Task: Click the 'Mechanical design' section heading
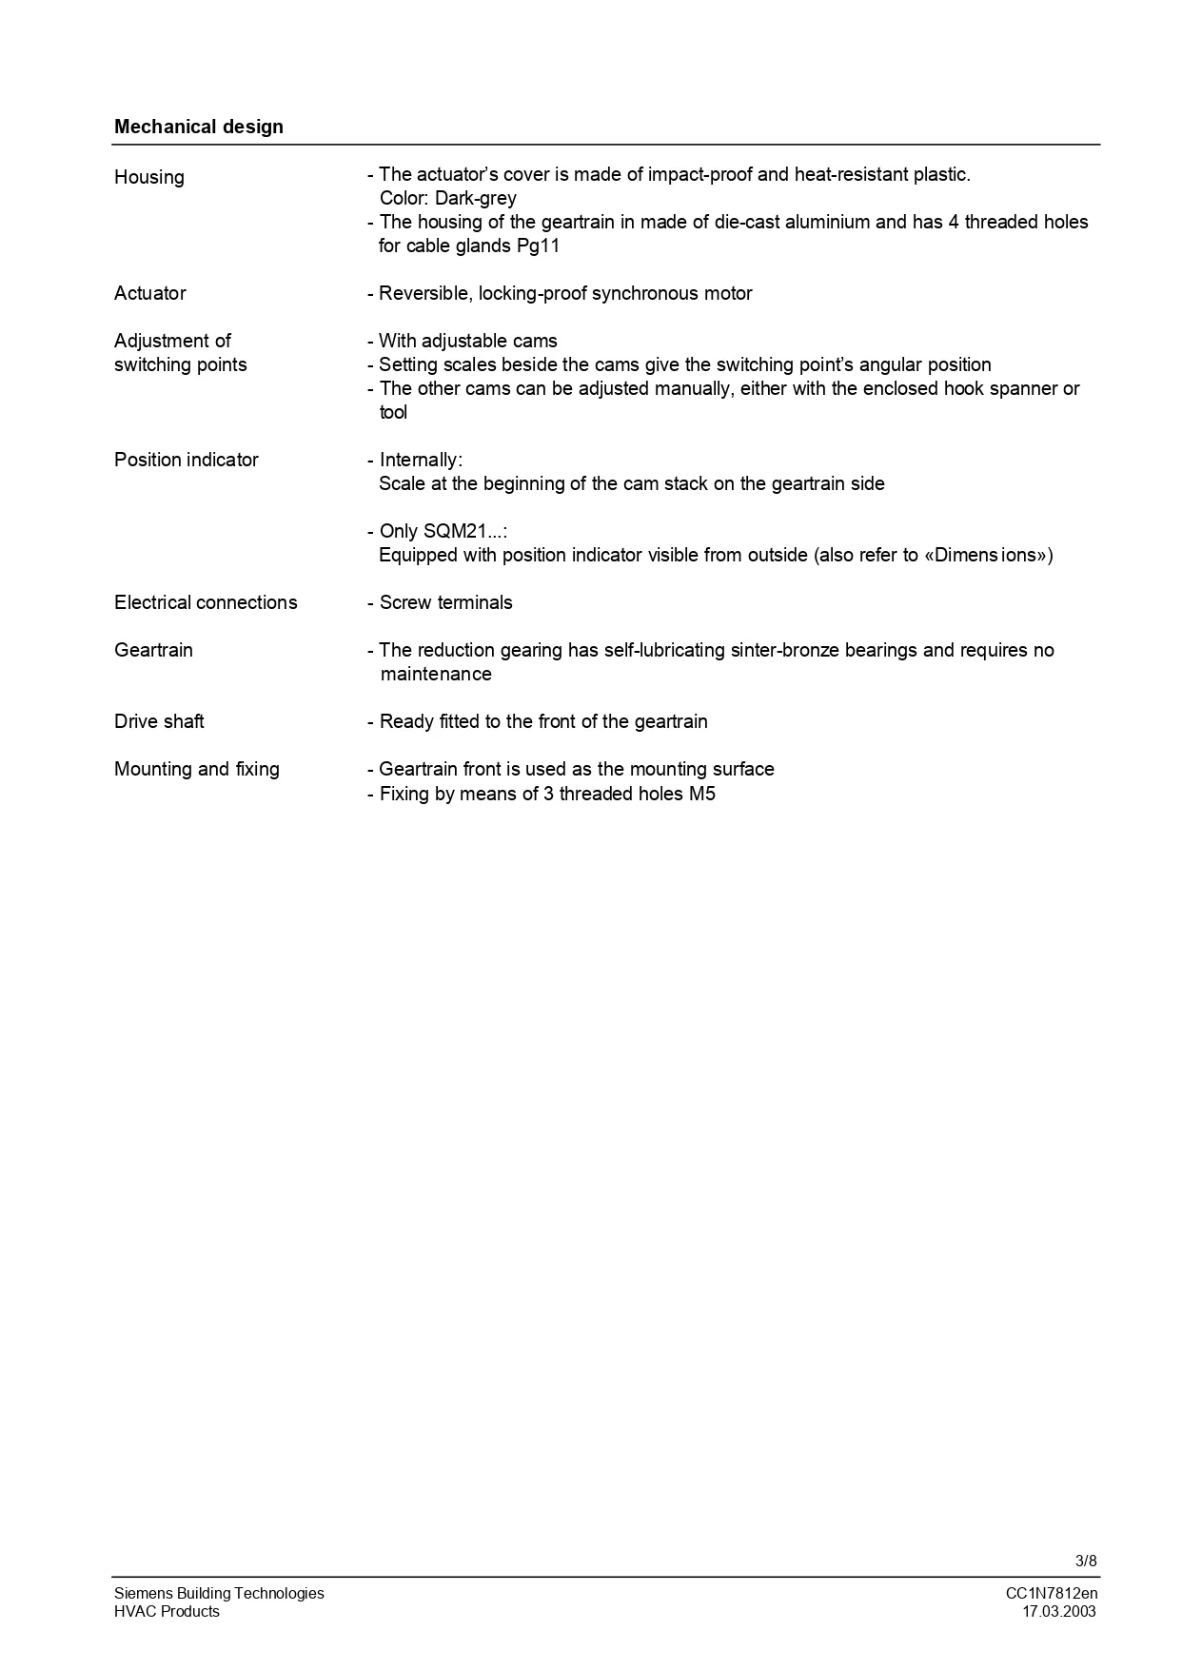coord(198,127)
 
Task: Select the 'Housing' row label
coord(149,177)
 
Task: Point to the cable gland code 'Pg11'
coord(538,246)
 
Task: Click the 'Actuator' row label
coord(150,293)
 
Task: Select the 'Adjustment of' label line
coord(172,341)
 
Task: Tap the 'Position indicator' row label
coord(187,460)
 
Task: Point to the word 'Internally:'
coord(421,460)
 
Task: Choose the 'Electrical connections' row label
coord(206,602)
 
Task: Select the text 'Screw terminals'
coord(445,602)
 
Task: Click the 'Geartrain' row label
coord(153,650)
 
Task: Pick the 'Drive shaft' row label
coord(159,721)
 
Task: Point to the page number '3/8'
coord(1086,1561)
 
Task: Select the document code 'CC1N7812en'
coord(1051,1593)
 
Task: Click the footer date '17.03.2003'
coord(1058,1611)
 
